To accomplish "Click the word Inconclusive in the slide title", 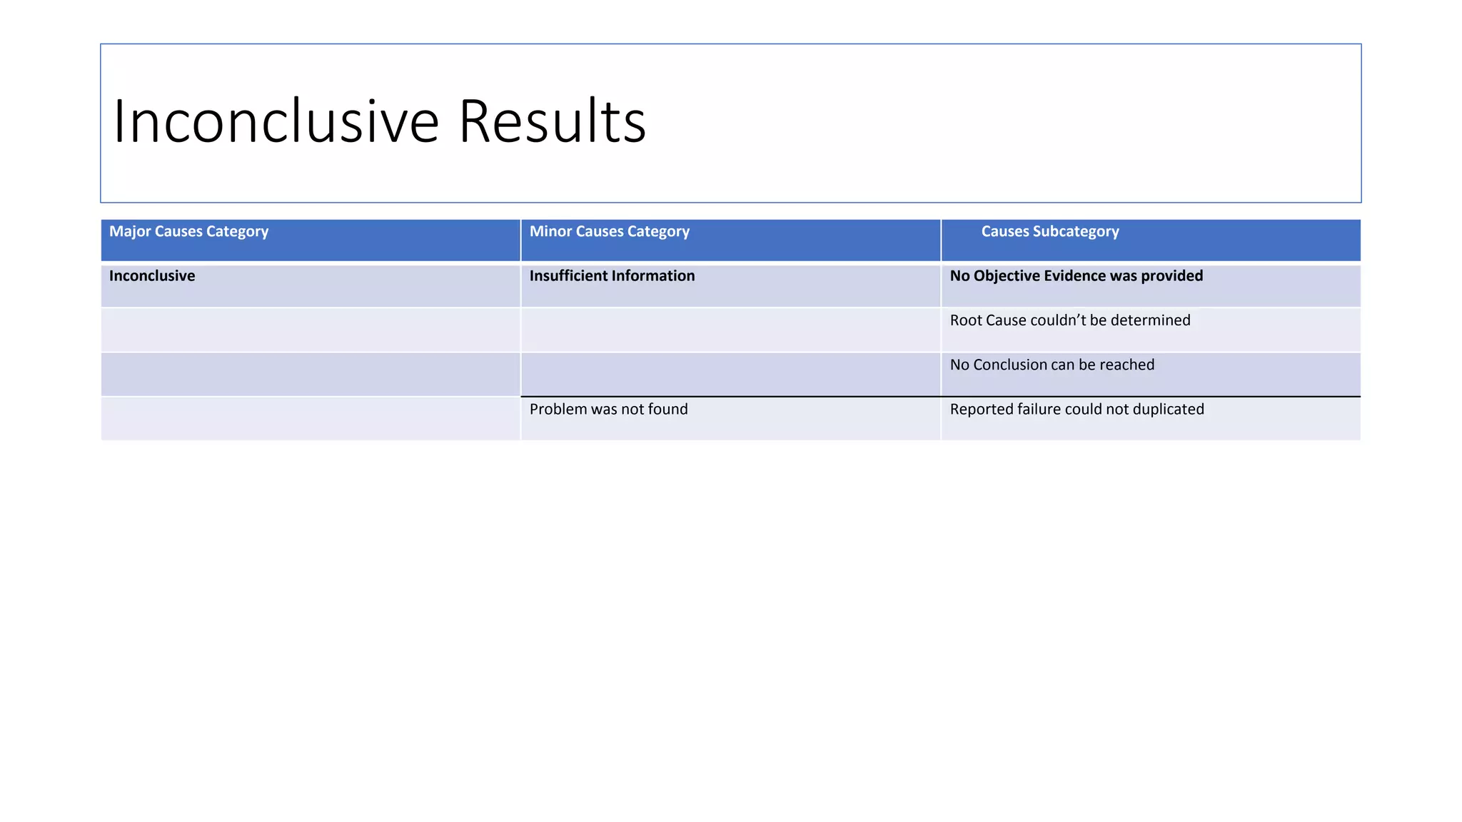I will click(276, 121).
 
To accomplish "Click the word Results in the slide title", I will click(552, 121).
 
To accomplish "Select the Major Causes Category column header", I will click(188, 232).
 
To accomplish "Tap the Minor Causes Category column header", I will click(609, 232).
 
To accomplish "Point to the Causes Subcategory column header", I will click(1049, 232).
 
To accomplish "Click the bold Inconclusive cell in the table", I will click(152, 276).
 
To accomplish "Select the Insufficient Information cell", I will click(612, 276).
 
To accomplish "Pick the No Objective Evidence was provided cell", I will click(1076, 276).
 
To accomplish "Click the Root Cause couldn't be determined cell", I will click(1069, 320).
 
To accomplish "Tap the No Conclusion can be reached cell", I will click(1052, 365).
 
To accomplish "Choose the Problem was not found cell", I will click(608, 410).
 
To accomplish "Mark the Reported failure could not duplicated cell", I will click(1077, 410).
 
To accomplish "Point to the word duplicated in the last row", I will click(1168, 410).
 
